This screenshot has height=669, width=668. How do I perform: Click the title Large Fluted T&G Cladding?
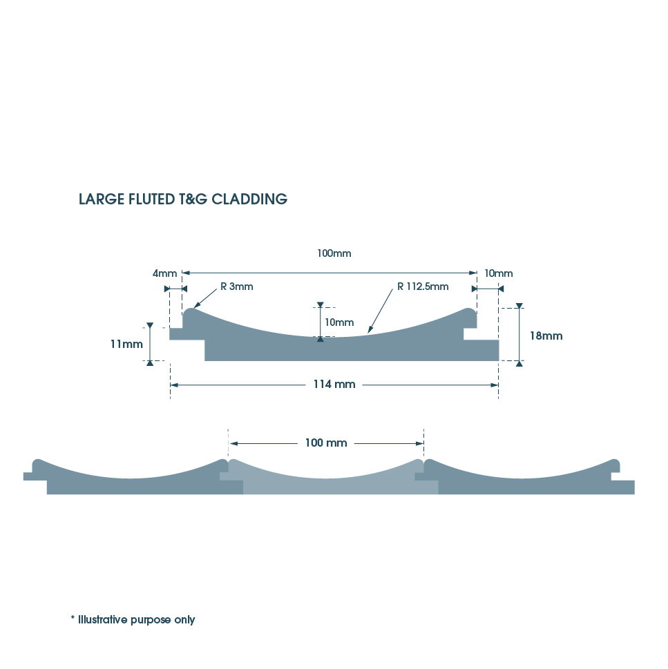(182, 200)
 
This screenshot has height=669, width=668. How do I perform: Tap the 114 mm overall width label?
(334, 385)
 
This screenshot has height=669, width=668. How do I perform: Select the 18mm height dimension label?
(546, 336)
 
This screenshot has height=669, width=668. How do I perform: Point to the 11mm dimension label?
(126, 344)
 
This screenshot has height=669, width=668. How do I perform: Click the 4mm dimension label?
(165, 273)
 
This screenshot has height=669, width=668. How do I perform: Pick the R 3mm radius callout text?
(236, 287)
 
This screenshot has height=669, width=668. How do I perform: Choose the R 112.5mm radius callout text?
(423, 287)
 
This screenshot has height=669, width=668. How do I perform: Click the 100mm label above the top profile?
(334, 253)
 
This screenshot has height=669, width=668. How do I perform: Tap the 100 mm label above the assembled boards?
(326, 443)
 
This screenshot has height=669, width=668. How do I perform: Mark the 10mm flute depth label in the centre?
(339, 322)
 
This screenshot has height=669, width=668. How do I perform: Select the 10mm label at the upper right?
(499, 273)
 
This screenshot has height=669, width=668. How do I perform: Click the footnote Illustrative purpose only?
(133, 619)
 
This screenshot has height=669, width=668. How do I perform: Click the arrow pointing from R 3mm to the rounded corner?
(205, 298)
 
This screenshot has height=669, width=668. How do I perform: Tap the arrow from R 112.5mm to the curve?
(380, 311)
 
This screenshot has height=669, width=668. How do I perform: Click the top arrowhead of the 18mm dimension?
(519, 305)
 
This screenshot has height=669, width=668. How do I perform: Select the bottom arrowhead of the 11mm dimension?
(150, 363)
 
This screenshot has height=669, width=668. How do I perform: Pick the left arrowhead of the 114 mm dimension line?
(174, 385)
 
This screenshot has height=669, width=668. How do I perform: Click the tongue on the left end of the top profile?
(176, 333)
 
